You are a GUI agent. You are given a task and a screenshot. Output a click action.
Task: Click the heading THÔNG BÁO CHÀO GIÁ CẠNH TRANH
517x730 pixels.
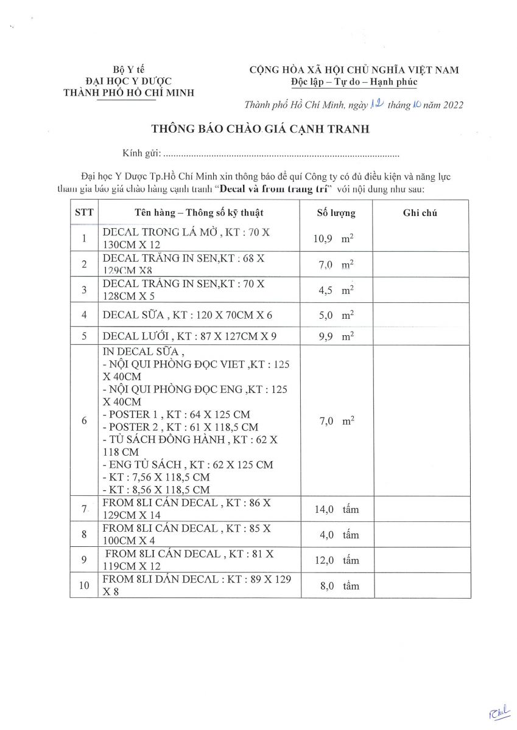click(x=261, y=129)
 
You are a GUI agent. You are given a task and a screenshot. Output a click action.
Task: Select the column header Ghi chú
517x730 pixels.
click(x=420, y=213)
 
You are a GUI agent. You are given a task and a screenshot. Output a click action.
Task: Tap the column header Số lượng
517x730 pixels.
click(x=336, y=213)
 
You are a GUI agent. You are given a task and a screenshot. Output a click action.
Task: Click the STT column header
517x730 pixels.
click(x=83, y=213)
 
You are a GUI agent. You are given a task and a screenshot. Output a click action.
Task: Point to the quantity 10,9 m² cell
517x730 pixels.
click(x=334, y=239)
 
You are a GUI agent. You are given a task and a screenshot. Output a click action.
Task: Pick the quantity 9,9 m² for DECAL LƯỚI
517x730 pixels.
click(x=334, y=336)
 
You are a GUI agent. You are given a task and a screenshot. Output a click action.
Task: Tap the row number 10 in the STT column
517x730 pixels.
click(x=84, y=586)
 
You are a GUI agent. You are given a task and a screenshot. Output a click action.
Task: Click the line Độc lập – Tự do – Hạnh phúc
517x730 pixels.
click(x=354, y=82)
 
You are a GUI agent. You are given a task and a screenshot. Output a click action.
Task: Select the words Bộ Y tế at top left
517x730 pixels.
click(x=128, y=69)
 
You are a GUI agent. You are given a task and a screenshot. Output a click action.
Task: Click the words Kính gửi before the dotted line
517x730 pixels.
click(x=140, y=153)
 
